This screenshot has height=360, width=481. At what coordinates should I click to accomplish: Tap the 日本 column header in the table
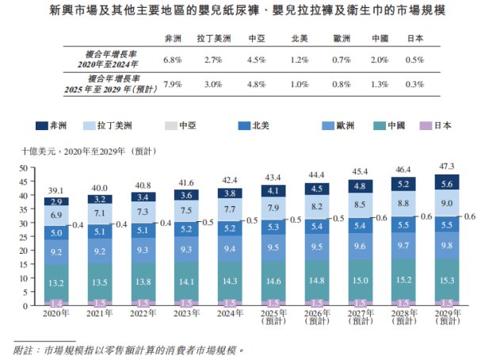[414, 38]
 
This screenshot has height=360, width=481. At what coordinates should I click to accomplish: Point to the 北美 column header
[299, 38]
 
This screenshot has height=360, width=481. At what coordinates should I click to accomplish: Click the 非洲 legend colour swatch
[43, 126]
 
